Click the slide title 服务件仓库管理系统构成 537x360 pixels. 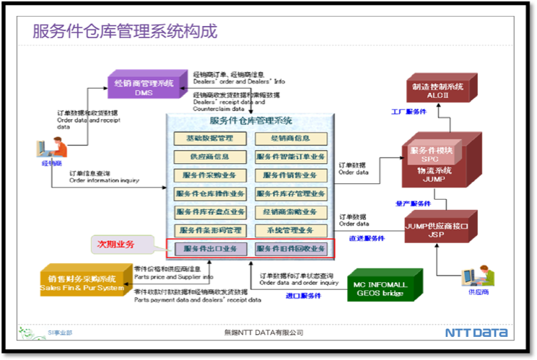click(125, 31)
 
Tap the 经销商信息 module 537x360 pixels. click(291, 138)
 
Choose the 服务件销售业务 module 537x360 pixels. click(291, 175)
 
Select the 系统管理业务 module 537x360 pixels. click(291, 230)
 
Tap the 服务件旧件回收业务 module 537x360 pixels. click(291, 249)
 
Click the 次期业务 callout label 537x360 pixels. click(118, 244)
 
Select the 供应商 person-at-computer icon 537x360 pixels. click(475, 276)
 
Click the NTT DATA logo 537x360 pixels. click(476, 333)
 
